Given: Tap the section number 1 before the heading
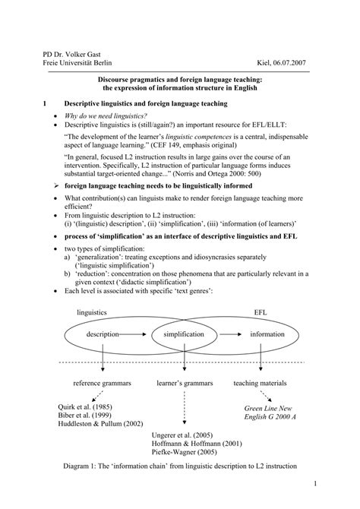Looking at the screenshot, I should (46, 103).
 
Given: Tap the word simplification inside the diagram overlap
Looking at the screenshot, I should (179, 334).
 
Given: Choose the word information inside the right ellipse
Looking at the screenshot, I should (267, 334).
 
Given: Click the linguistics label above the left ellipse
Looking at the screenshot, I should (92, 312).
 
